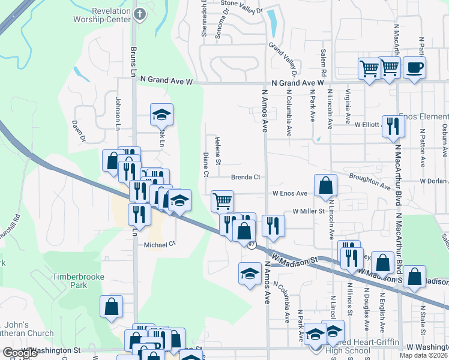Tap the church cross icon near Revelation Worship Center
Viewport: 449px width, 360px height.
(x=140, y=14)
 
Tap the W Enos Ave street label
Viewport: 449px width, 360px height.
(x=290, y=193)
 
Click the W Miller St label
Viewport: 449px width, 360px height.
(x=308, y=211)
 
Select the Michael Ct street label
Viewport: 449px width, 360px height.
(x=159, y=244)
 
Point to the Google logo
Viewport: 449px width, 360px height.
(x=20, y=353)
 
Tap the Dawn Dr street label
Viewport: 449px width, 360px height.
(x=79, y=131)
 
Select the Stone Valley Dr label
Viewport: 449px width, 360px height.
(x=242, y=7)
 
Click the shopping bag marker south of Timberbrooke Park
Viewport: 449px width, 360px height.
(x=112, y=306)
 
